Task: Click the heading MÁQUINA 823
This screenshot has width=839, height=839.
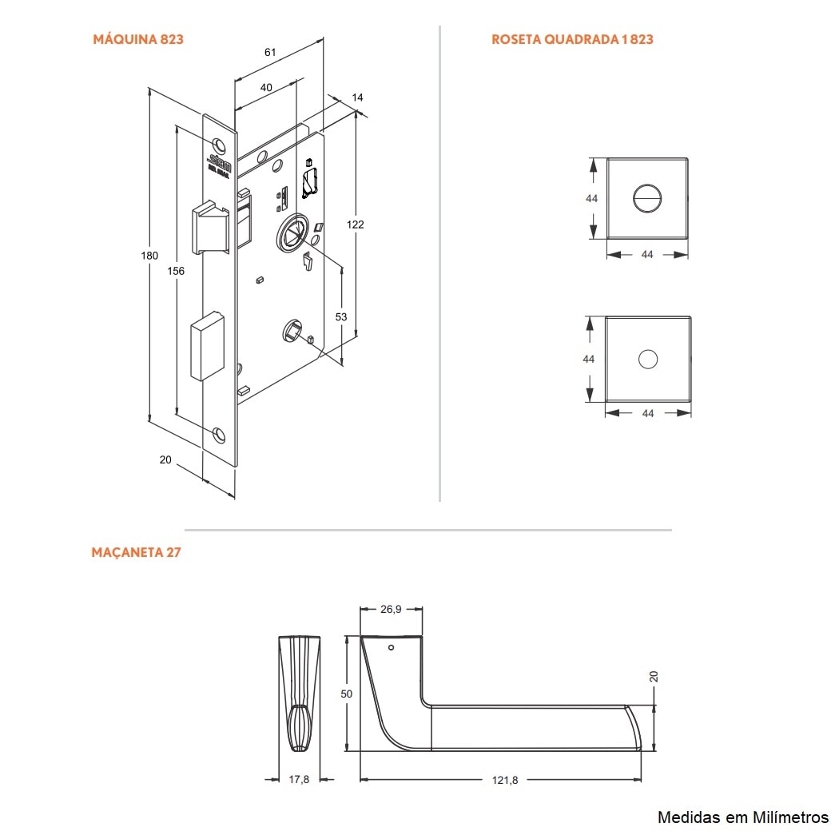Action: click(138, 39)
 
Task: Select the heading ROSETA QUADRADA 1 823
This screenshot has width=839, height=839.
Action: click(572, 39)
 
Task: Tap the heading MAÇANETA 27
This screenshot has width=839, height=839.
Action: click(136, 552)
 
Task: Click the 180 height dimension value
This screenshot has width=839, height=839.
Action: click(149, 256)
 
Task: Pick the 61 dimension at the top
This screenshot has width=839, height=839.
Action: click(270, 52)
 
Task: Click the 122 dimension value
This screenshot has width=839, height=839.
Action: click(355, 225)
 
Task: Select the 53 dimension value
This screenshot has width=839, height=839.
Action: click(341, 317)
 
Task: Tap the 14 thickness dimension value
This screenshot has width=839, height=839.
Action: click(357, 97)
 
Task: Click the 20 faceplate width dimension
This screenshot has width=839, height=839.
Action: click(165, 459)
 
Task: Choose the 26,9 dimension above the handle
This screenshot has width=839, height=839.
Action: click(391, 609)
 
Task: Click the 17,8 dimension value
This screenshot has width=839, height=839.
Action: click(300, 780)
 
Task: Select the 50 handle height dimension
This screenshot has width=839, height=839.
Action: click(346, 694)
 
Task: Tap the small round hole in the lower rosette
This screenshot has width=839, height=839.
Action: click(647, 360)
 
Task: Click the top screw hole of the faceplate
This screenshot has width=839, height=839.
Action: click(219, 145)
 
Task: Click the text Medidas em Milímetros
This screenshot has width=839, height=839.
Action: click(742, 817)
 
